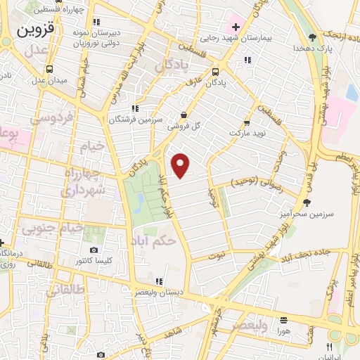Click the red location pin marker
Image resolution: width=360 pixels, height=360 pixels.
[181, 165]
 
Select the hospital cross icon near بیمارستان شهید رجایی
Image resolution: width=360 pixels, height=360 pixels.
[236, 27]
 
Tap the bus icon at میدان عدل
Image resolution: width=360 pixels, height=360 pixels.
[50, 69]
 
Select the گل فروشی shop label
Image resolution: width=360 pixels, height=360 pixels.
[184, 127]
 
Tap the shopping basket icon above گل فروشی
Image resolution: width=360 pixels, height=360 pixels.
[184, 115]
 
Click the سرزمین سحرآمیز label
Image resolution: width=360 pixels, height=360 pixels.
[333, 212]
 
